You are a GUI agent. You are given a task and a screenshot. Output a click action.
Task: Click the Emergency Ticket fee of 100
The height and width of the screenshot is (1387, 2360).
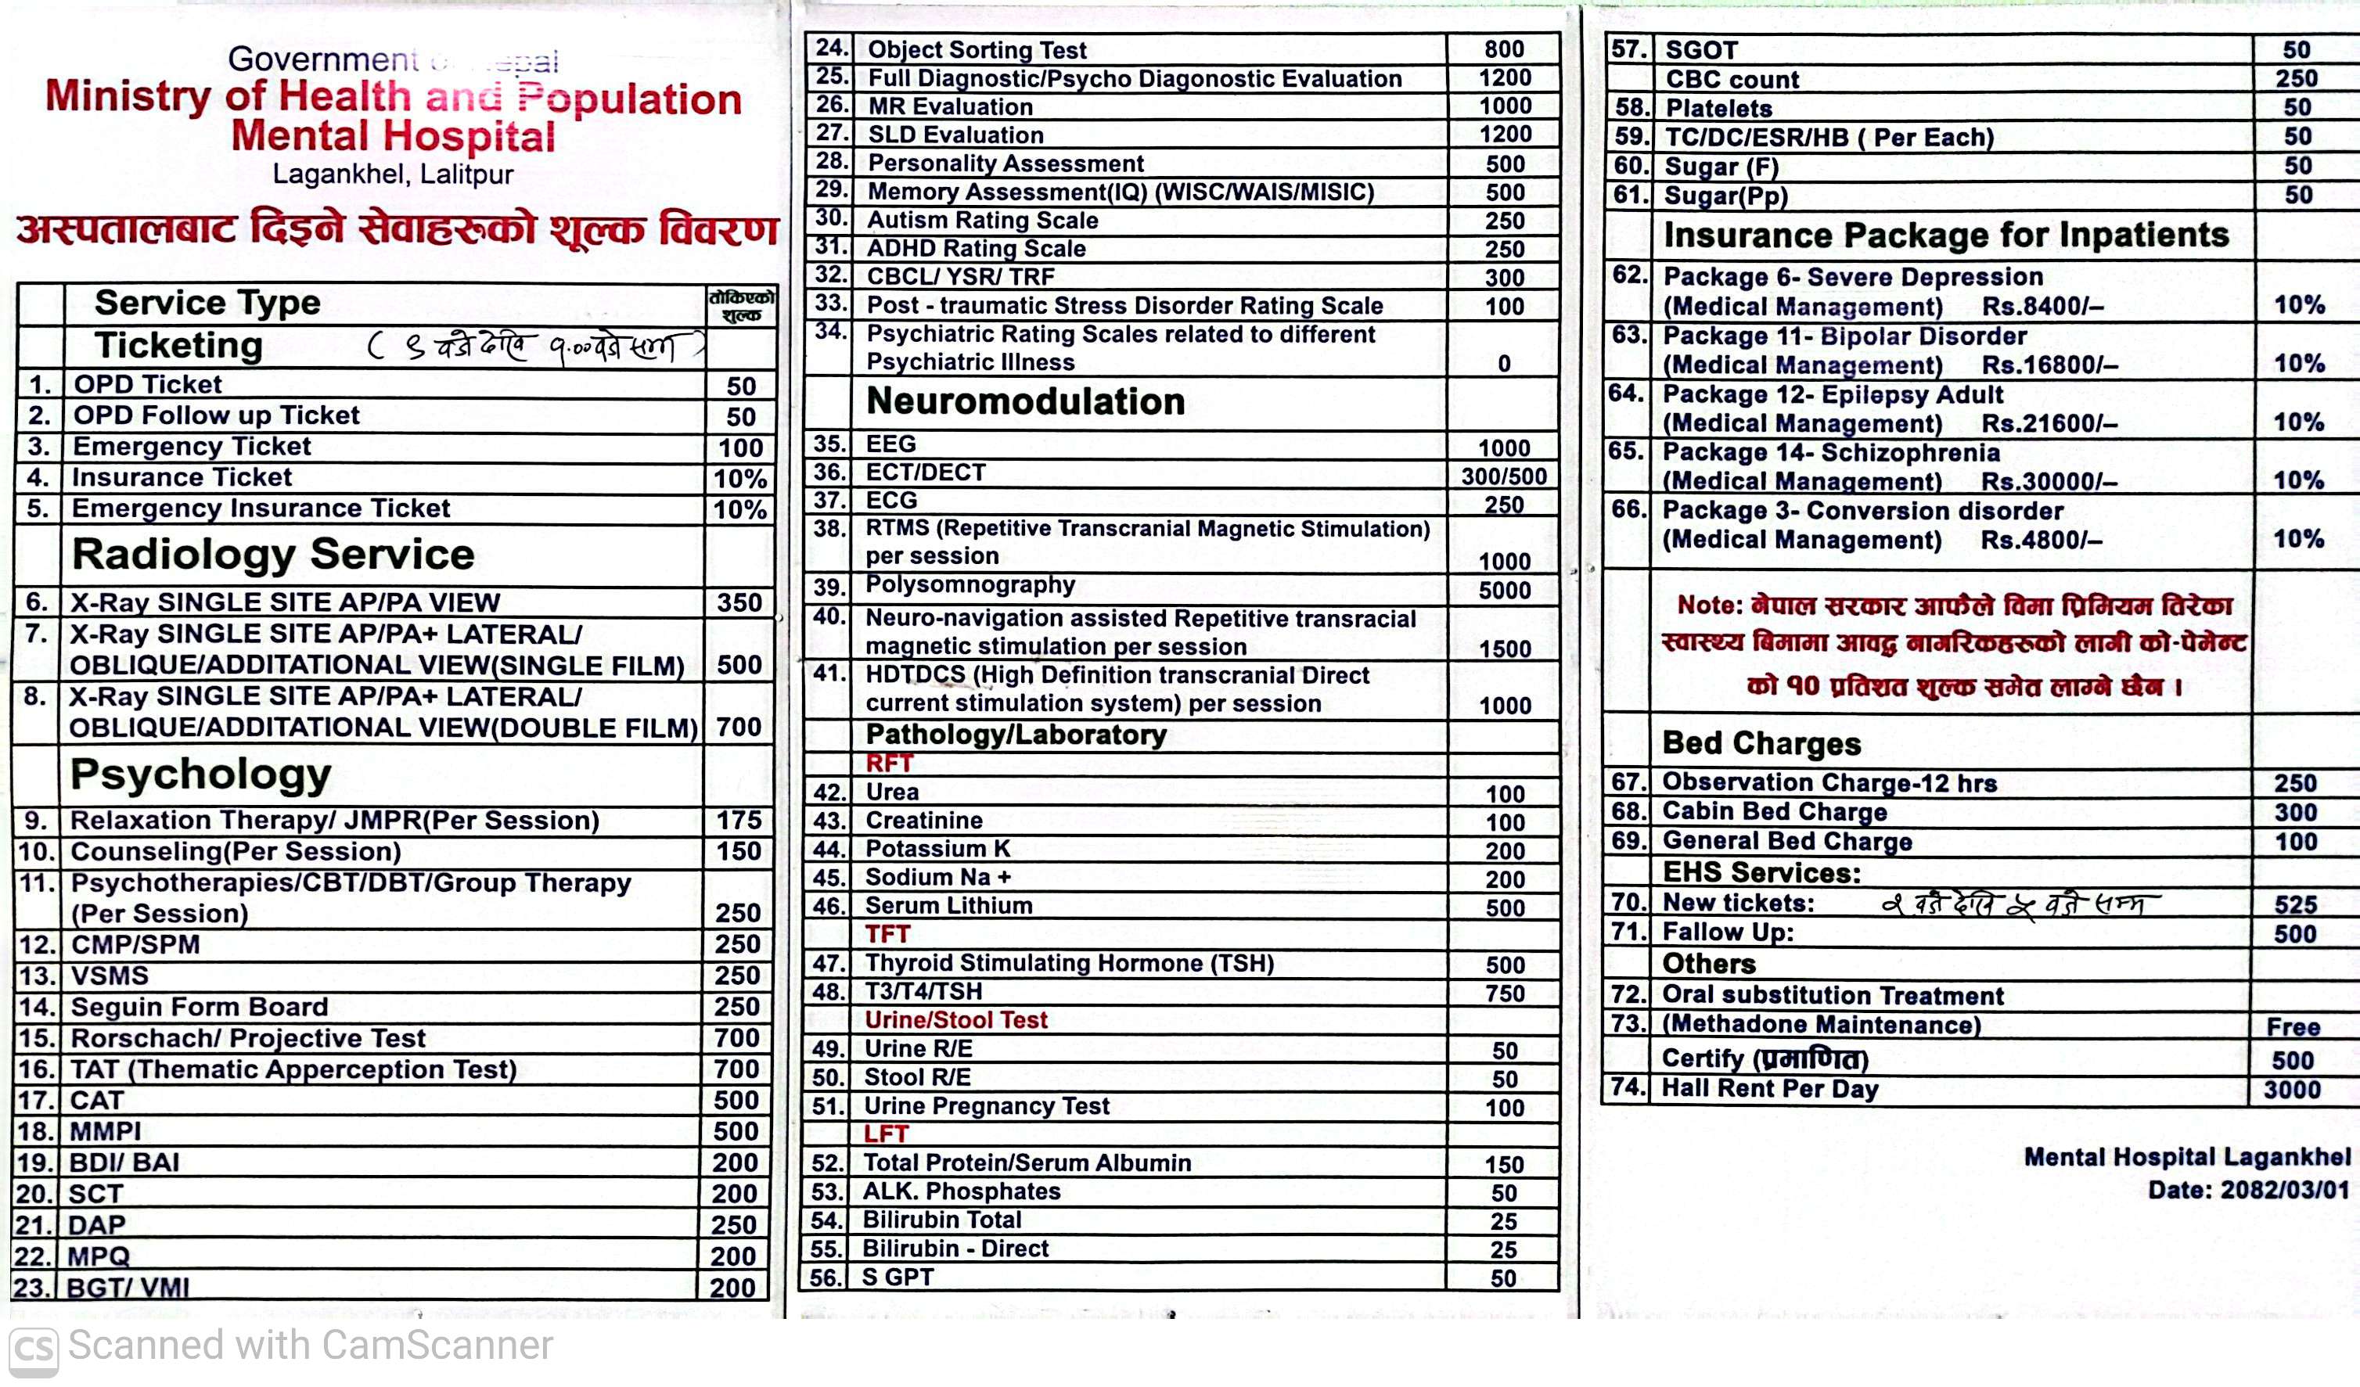point(739,447)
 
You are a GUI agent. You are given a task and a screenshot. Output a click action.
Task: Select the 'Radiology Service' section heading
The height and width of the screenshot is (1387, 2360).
point(273,555)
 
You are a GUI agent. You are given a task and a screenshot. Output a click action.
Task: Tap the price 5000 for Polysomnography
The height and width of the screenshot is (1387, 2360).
point(1504,590)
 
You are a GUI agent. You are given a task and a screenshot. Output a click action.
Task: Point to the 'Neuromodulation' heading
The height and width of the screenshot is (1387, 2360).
point(1026,402)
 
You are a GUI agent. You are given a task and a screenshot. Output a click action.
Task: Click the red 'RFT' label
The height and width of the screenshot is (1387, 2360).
point(889,764)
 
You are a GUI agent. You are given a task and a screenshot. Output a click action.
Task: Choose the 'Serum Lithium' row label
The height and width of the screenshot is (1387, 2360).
point(948,906)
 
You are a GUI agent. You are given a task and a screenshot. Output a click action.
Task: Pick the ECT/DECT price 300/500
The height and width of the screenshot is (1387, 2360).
point(1503,476)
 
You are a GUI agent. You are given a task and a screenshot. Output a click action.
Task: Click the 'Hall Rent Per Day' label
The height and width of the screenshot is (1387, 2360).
point(1769,1088)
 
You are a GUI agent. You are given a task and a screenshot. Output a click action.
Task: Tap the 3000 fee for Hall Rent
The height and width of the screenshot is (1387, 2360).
point(2292,1089)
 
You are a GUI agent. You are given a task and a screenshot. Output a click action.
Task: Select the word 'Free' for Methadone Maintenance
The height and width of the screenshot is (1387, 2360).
point(2293,1027)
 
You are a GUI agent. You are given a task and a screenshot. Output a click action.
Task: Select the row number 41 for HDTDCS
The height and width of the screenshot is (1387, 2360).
point(829,674)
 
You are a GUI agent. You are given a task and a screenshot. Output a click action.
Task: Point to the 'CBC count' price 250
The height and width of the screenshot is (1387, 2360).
point(2297,79)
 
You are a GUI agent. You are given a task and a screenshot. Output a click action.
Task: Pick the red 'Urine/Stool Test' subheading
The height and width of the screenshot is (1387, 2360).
point(955,1020)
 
